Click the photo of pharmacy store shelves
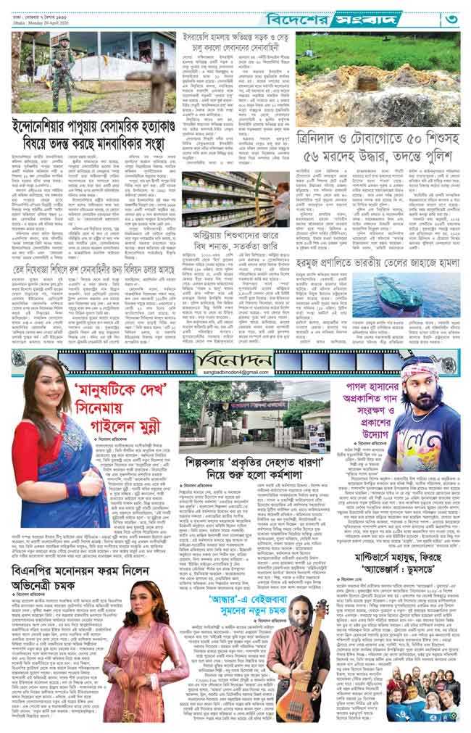pyautogui.click(x=243, y=199)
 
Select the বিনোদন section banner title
pyautogui.click(x=233, y=360)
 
